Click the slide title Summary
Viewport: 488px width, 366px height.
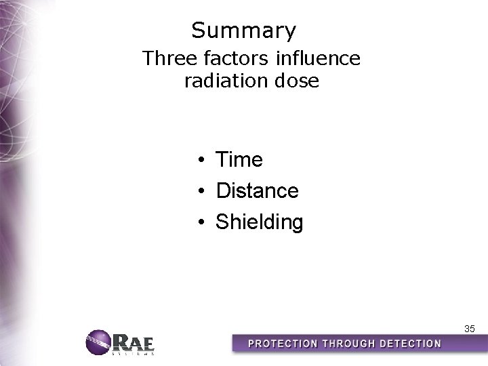point(243,31)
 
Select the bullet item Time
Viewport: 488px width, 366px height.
point(239,160)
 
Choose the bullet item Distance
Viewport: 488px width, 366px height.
point(257,191)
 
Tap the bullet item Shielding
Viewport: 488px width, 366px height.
point(259,222)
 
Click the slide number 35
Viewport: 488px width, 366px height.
point(470,329)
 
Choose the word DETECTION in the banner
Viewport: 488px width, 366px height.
point(409,344)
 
